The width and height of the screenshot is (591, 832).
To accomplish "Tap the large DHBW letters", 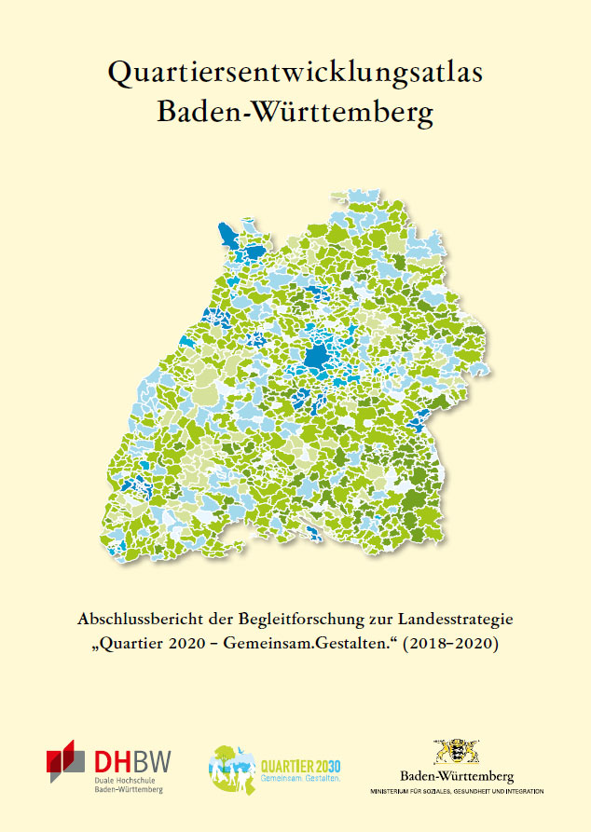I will tap(130, 759).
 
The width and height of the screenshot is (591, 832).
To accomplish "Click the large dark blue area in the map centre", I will tap(318, 358).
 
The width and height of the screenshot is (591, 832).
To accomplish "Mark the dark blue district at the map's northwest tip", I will tap(227, 235).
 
